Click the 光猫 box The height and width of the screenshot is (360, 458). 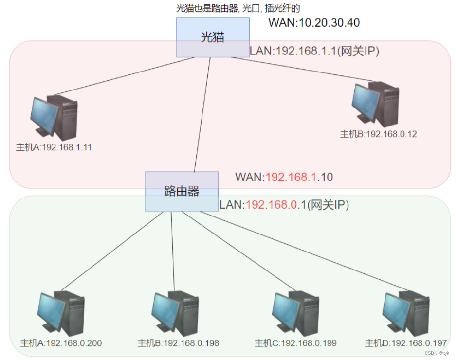(x=213, y=37)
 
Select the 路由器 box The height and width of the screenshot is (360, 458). (x=181, y=191)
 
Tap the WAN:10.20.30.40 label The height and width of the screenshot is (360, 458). (x=314, y=22)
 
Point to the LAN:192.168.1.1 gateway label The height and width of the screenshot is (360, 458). (x=314, y=52)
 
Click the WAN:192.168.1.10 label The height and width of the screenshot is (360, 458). (x=284, y=177)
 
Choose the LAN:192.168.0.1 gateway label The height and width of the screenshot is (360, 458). (x=284, y=205)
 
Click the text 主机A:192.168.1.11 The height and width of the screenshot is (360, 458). (x=54, y=147)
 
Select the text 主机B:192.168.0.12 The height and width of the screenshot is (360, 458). (x=378, y=134)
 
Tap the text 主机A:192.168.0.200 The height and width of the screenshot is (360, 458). (x=61, y=343)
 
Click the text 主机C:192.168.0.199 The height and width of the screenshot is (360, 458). (x=295, y=343)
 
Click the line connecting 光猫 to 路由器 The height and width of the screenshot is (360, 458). (x=202, y=115)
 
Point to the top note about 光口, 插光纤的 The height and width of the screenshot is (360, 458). (x=238, y=8)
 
